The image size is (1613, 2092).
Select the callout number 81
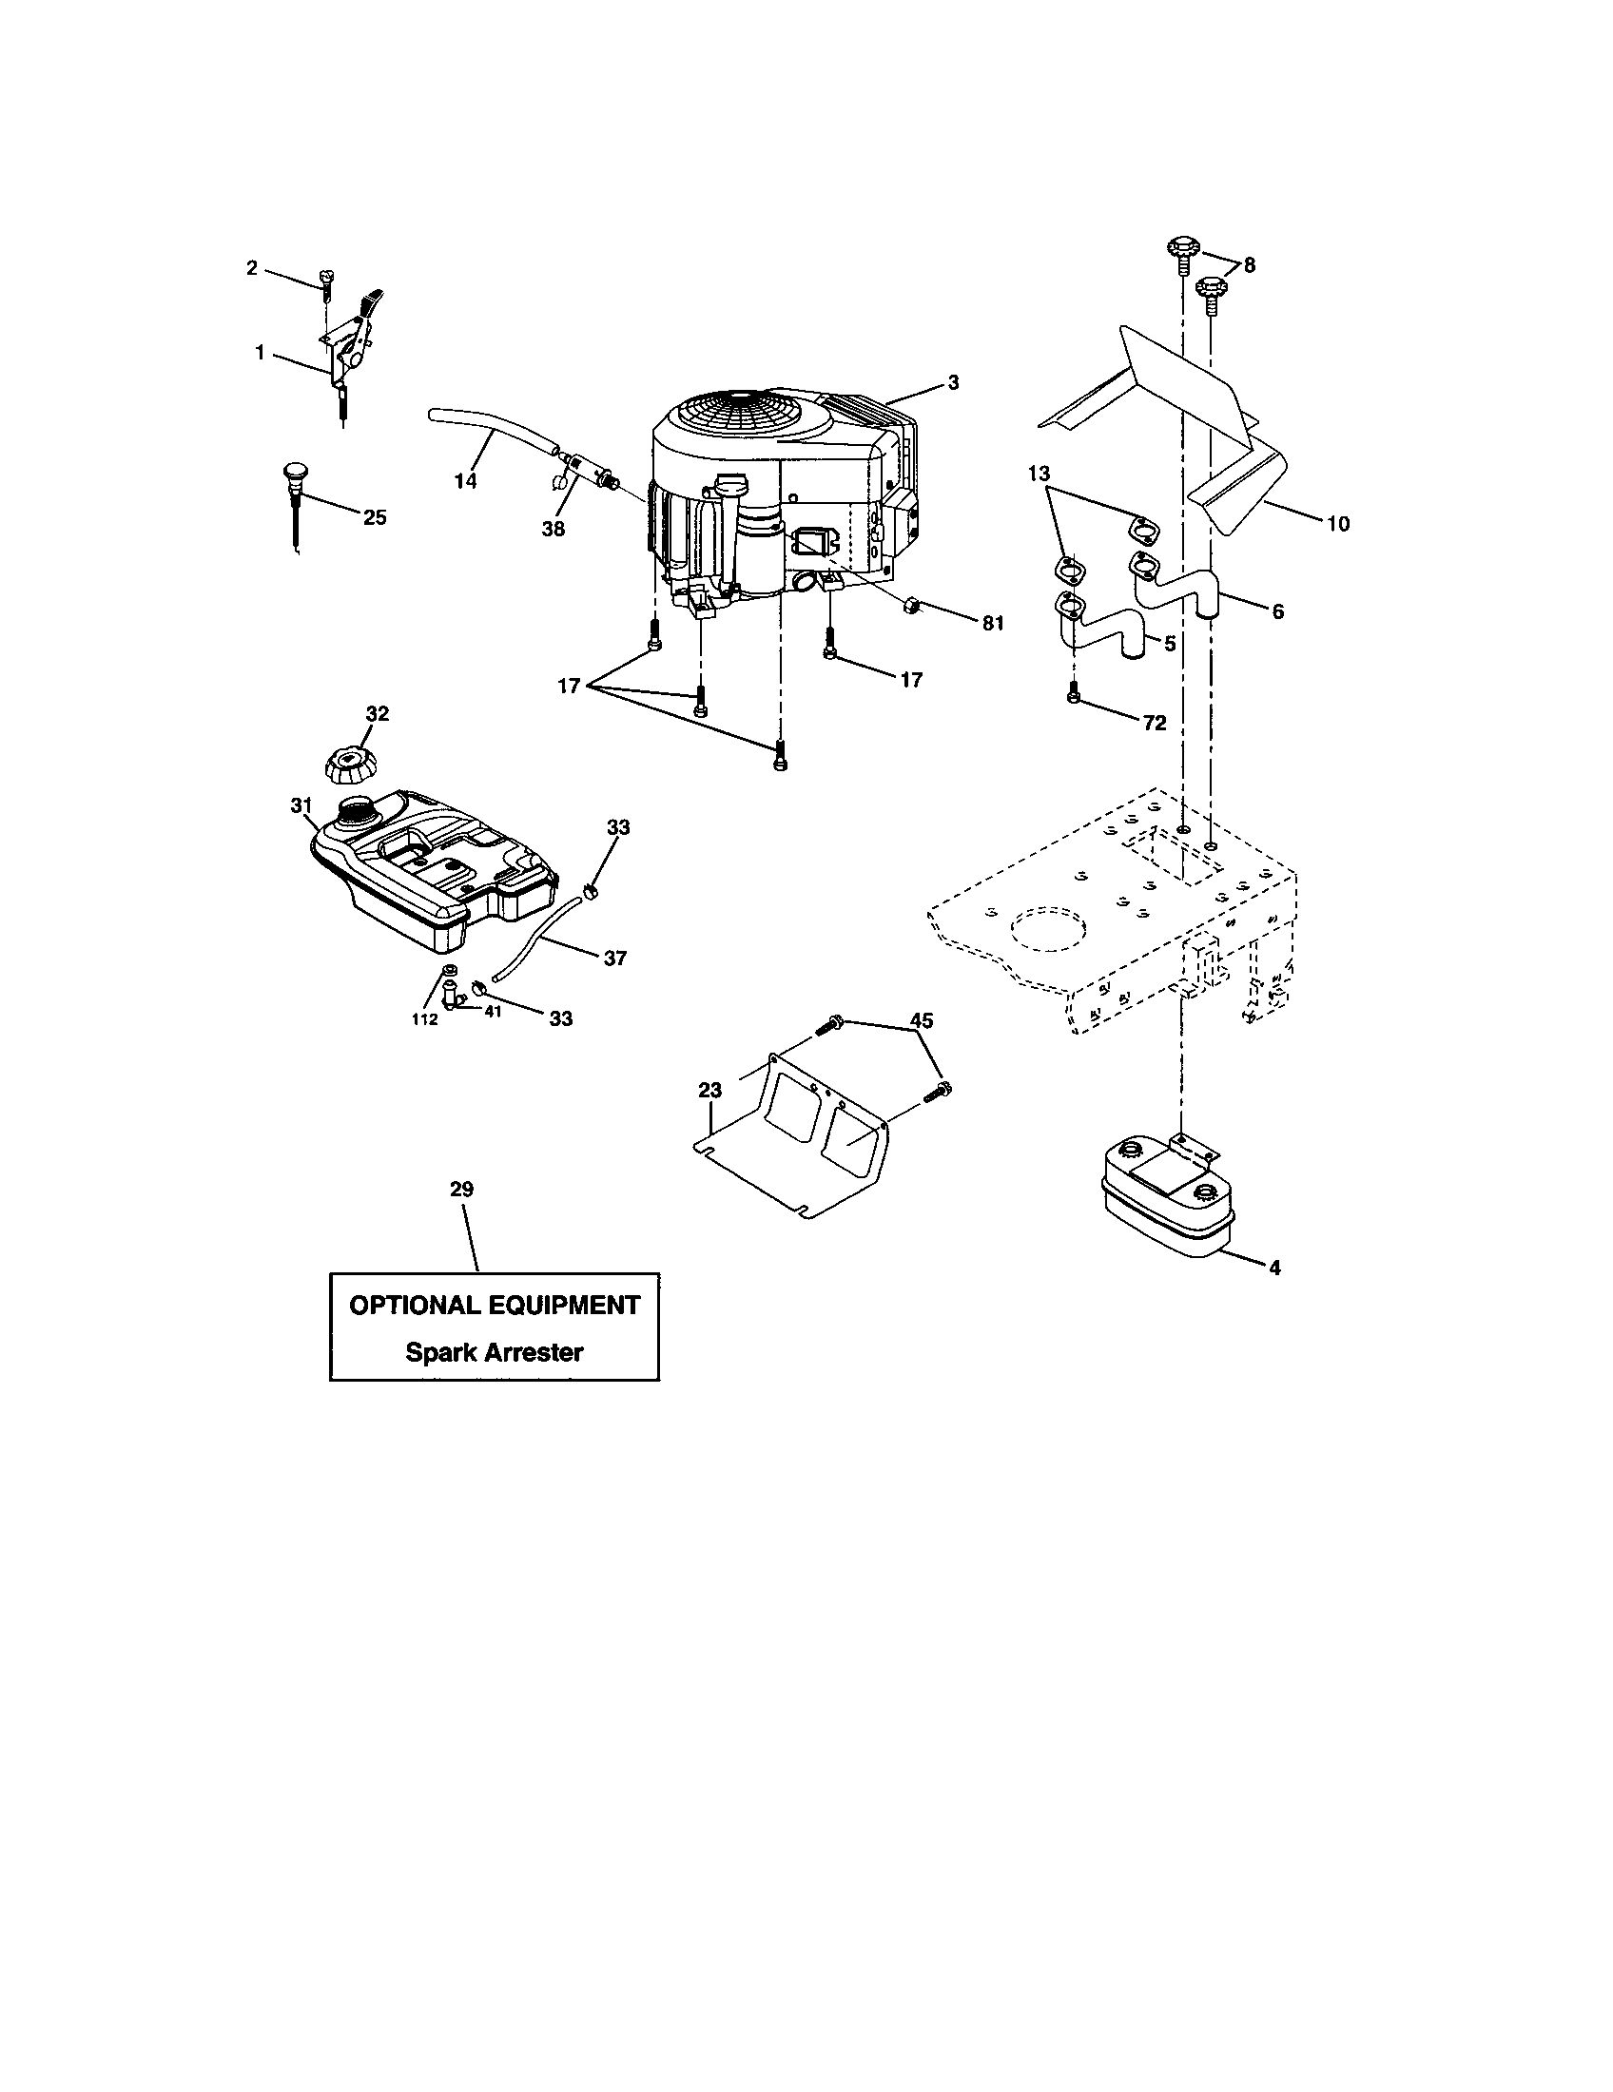click(x=992, y=624)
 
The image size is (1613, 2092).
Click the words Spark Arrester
click(x=495, y=1351)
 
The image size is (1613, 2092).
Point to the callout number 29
click(x=461, y=1189)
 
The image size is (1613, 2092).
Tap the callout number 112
click(x=424, y=1019)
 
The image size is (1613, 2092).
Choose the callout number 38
click(x=553, y=528)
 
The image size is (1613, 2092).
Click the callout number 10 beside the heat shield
click(x=1337, y=523)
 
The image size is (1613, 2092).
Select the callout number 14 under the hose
click(x=464, y=481)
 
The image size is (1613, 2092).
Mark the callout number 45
click(x=921, y=1020)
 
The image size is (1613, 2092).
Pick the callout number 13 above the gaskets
click(x=1040, y=474)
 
